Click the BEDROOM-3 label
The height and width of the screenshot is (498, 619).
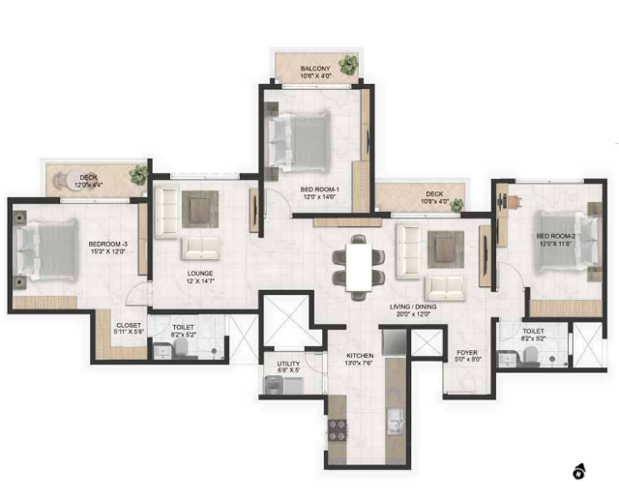point(108,244)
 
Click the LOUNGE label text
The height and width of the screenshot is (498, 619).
point(200,274)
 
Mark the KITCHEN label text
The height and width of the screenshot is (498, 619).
point(360,356)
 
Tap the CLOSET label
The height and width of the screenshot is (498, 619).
point(129,326)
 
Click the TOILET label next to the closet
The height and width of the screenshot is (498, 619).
point(184,328)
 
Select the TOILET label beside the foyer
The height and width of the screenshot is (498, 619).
point(532,331)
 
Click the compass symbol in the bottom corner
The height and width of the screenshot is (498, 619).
point(579,472)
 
